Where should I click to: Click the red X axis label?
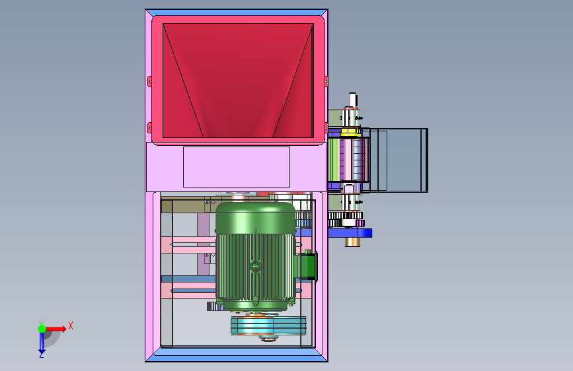tap(71, 325)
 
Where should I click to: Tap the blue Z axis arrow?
tap(42, 342)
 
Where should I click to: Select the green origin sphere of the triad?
tap(42, 329)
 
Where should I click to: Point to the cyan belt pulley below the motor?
tap(268, 325)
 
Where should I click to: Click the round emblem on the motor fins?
tap(256, 266)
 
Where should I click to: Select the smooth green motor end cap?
tap(256, 218)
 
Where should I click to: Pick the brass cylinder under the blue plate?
tap(352, 242)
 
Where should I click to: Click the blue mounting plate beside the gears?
tap(350, 233)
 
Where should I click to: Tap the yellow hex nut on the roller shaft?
tap(351, 132)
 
